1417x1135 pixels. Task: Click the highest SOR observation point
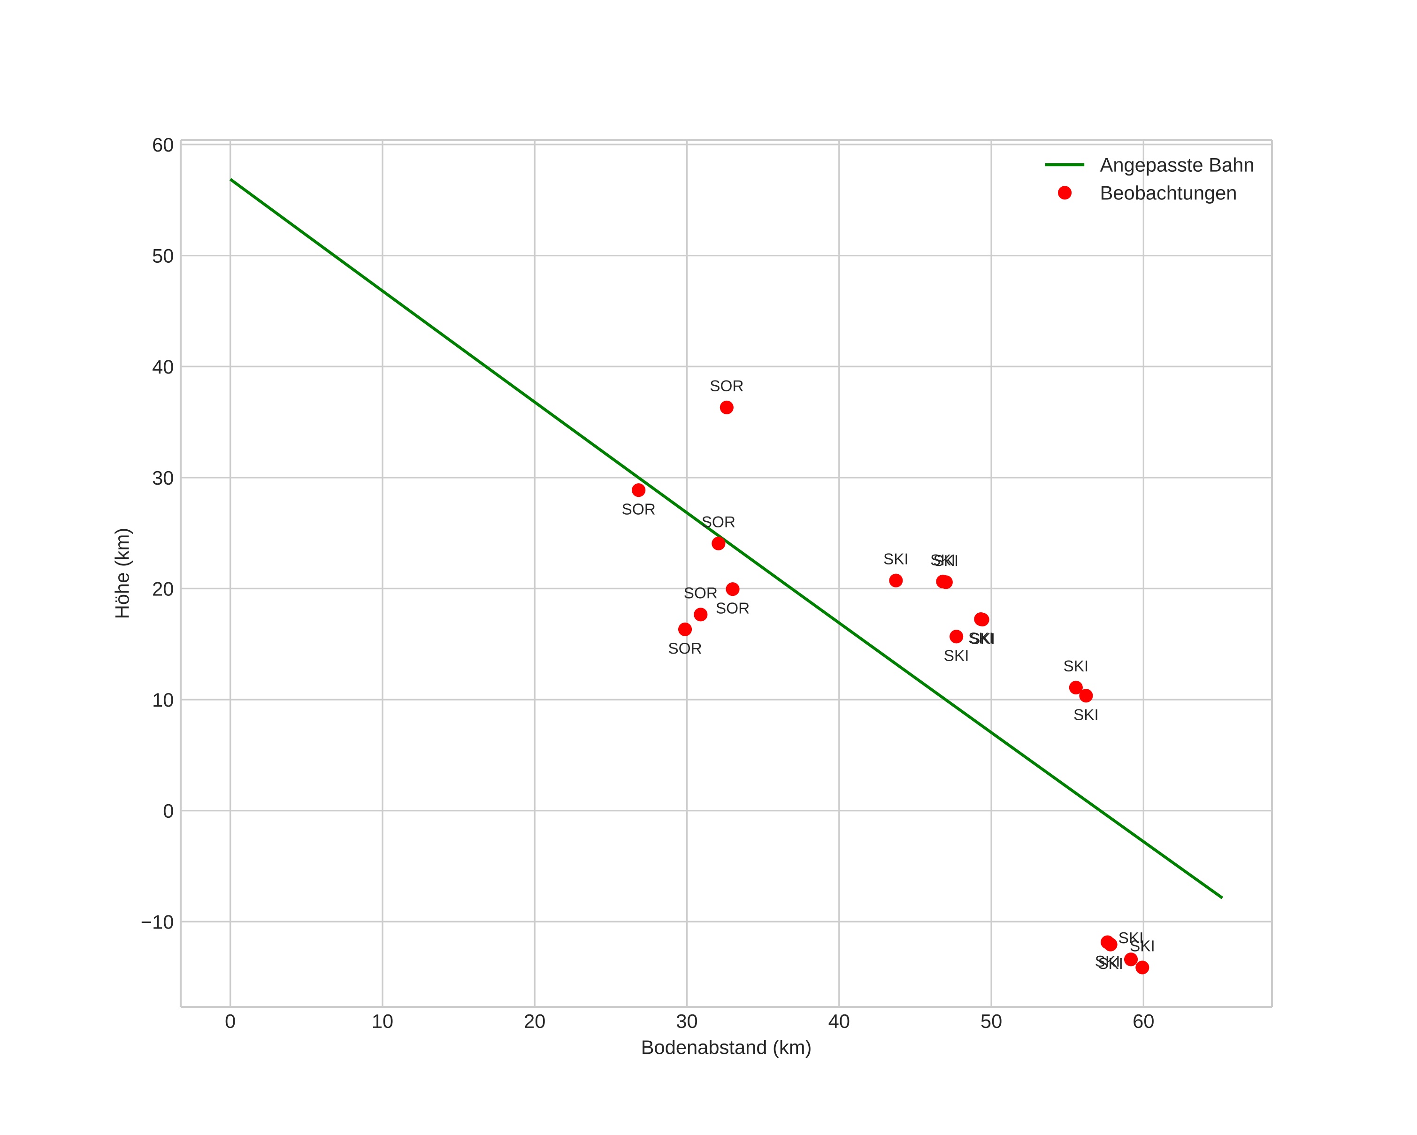coord(726,407)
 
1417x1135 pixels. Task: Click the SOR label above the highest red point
coord(726,386)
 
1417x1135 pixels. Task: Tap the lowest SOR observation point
coord(685,629)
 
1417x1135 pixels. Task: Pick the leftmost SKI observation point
coord(896,580)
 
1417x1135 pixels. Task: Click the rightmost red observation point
coord(1142,967)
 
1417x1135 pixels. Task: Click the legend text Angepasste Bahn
coord(1176,165)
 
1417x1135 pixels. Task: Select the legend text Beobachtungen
coord(1168,193)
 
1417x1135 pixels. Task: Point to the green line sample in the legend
coord(1065,165)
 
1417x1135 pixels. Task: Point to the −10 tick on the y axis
coord(158,922)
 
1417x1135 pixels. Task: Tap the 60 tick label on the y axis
coord(163,145)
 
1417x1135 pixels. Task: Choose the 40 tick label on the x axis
coord(839,1021)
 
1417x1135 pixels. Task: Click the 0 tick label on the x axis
coord(230,1021)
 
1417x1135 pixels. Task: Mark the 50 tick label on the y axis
coord(163,256)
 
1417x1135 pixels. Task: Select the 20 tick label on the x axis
coord(534,1021)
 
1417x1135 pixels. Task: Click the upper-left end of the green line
coord(230,179)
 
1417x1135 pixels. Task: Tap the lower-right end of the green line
coord(1222,897)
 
